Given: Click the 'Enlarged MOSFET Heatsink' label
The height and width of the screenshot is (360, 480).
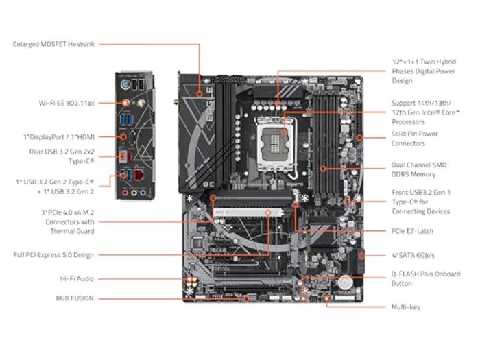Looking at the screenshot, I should [x=53, y=44].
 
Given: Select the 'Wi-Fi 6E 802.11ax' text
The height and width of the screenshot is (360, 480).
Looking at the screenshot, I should [x=67, y=103].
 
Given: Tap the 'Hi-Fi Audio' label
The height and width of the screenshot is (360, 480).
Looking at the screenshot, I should [x=76, y=279].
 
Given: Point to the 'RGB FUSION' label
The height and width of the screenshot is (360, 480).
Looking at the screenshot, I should [x=75, y=298].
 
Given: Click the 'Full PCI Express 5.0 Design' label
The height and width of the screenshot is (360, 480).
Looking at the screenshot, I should [x=53, y=255].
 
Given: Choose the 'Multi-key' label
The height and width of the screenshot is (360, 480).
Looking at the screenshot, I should [x=405, y=307].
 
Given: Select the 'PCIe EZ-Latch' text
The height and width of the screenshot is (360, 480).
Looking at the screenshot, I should [x=412, y=231].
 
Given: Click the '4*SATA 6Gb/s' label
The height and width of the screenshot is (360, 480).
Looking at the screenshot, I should [x=413, y=255].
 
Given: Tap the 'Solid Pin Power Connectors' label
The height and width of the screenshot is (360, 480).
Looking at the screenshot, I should [x=413, y=139].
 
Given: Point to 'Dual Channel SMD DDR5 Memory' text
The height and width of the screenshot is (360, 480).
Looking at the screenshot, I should [x=418, y=169].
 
